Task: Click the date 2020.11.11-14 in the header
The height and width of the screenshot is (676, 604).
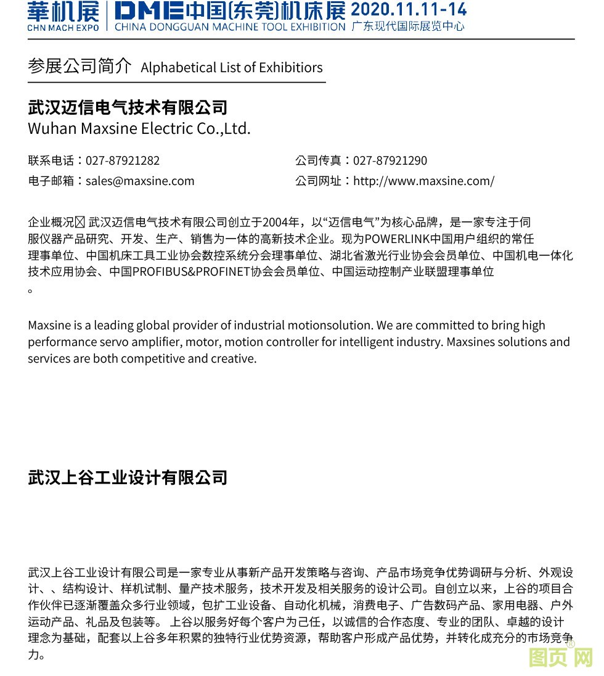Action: (408, 10)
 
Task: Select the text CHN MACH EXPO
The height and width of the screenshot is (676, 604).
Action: (62, 28)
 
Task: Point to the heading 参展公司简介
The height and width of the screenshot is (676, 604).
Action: (80, 67)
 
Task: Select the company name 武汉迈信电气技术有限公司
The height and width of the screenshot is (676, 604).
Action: (128, 107)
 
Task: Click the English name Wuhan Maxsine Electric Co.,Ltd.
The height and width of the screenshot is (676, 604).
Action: (139, 129)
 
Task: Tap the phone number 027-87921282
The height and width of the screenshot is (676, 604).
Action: (123, 160)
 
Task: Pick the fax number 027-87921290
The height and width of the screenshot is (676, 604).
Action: (390, 160)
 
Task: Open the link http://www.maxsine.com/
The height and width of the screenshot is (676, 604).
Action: (423, 181)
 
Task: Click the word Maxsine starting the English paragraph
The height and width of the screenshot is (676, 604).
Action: (49, 325)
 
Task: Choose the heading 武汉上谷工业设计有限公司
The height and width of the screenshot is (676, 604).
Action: (128, 477)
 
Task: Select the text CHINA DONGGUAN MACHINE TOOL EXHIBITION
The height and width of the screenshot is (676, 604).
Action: (230, 27)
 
